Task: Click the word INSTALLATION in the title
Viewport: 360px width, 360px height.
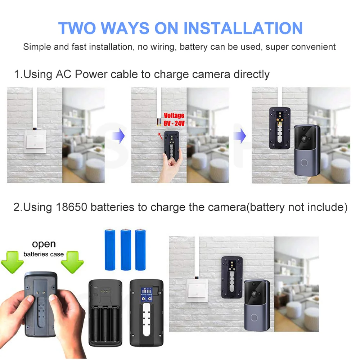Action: point(243,28)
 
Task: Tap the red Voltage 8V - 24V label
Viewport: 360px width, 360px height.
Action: point(174,119)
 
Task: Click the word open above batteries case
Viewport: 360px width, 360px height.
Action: point(44,244)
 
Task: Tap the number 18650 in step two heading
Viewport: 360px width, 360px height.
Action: point(71,208)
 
